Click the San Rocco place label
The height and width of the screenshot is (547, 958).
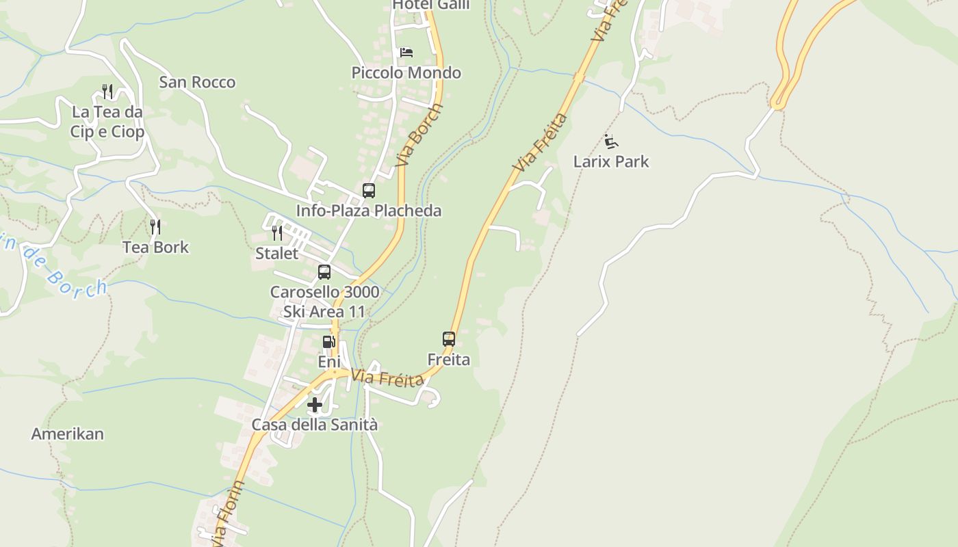coord(197,82)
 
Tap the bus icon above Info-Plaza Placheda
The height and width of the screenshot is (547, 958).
coord(369,191)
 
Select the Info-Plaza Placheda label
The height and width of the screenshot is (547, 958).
coord(369,211)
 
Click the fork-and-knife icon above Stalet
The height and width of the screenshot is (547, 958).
coord(277,233)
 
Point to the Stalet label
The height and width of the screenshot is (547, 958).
coord(277,254)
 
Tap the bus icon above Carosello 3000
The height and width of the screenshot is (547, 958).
coord(324,272)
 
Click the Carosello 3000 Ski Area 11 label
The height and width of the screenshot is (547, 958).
coord(325,302)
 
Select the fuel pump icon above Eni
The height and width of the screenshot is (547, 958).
coord(329,341)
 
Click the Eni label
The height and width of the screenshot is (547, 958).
coord(329,361)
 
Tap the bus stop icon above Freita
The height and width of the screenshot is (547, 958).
coord(449,338)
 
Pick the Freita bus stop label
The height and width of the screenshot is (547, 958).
coord(449,359)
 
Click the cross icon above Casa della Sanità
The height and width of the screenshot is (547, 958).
coord(315,405)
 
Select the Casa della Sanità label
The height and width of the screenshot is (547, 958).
coord(315,425)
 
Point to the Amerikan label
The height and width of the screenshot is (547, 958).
coord(68,433)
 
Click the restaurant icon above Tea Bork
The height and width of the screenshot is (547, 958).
coord(155,226)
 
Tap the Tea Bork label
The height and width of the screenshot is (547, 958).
coord(155,247)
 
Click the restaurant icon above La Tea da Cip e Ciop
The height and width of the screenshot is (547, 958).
coord(107,91)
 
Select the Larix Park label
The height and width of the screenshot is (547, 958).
coord(611,162)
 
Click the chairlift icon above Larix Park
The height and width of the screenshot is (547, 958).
coord(611,142)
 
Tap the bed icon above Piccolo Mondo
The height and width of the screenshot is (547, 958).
coord(406,53)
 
